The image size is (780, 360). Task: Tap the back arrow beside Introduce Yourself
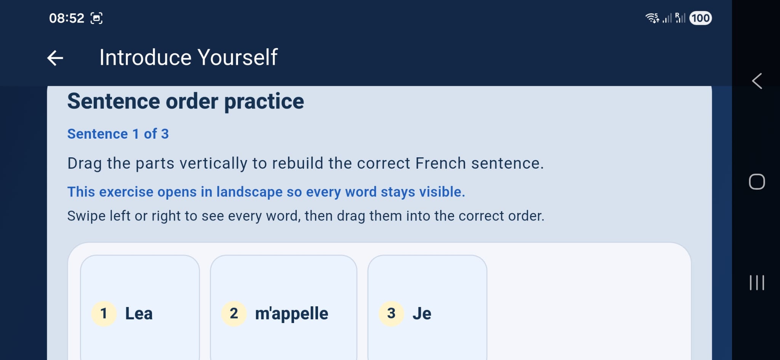pos(55,58)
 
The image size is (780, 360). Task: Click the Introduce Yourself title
pos(188,58)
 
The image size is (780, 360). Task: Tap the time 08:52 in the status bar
pos(66,18)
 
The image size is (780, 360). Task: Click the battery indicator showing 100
pos(700,18)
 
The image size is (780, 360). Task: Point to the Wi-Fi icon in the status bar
pos(652,18)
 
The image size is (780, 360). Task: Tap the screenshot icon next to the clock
pos(96,18)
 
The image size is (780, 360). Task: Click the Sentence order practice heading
pos(185,101)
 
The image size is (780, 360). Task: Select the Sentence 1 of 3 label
pos(118,134)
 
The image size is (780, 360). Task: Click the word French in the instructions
pos(440,163)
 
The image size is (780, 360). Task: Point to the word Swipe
pos(86,216)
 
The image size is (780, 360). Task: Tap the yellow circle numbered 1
pos(104,314)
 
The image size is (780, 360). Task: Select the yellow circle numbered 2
pos(234,314)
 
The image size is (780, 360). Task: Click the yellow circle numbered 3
pos(391,314)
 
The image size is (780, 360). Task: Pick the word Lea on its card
pos(139,314)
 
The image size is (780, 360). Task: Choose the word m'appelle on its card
pos(291,314)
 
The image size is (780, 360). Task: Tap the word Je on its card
pos(422,314)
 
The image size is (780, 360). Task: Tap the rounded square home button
pos(757,182)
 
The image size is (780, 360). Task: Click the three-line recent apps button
pos(757,283)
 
